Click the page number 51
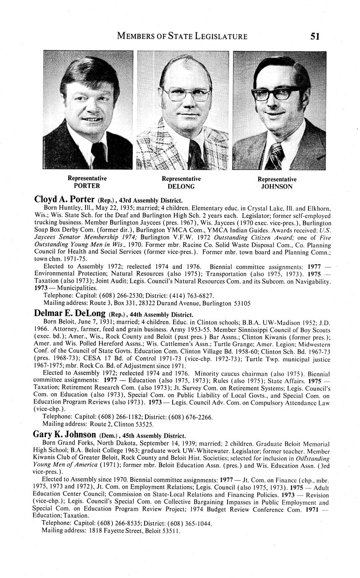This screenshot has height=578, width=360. click(x=315, y=36)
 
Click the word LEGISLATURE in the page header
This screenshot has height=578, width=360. click(x=221, y=36)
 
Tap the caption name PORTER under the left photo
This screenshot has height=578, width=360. click(x=87, y=186)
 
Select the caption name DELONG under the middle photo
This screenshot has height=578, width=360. click(x=181, y=186)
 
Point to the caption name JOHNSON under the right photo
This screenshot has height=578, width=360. click(x=277, y=187)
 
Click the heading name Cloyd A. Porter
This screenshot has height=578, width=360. click(x=64, y=199)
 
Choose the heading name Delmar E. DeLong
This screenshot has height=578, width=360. click(x=69, y=314)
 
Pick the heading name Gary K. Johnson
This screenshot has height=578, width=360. click(x=65, y=435)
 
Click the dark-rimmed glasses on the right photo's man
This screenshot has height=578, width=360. click(x=277, y=93)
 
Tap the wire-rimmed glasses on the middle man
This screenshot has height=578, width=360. click(x=187, y=95)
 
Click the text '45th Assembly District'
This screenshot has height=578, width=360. click(x=154, y=436)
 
